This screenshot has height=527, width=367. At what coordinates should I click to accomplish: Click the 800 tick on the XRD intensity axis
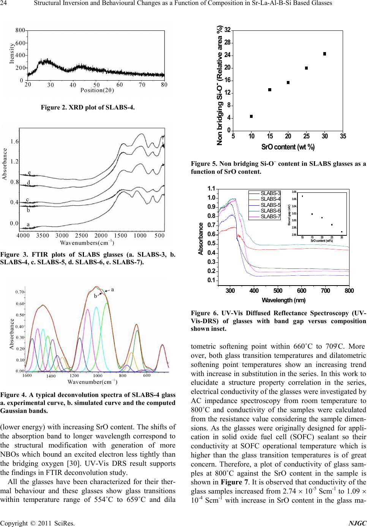tap(21, 30)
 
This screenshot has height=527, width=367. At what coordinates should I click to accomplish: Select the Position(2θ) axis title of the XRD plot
tap(98, 90)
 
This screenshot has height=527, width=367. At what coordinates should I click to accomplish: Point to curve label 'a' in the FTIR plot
tap(28, 224)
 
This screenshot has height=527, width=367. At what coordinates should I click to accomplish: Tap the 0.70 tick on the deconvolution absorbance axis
tap(20, 292)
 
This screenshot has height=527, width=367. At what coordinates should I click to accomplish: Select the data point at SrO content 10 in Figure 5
tap(251, 116)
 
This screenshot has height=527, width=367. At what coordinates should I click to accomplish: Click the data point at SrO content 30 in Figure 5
tap(324, 54)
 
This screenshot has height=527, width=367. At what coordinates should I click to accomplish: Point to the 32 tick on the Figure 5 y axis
tap(227, 30)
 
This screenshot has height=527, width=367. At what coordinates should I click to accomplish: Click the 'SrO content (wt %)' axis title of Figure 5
tap(288, 147)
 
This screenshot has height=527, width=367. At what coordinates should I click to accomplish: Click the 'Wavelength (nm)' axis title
tap(283, 300)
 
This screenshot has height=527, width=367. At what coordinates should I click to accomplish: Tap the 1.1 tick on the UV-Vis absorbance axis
tap(212, 189)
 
